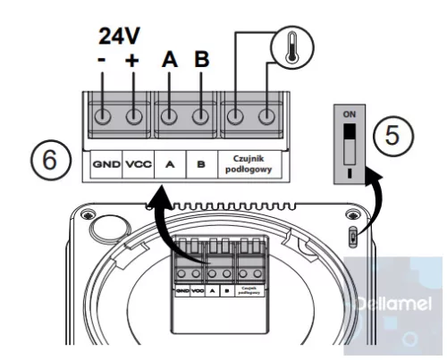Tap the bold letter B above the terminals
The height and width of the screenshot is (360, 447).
(201, 61)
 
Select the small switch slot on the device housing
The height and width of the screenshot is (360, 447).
(353, 238)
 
